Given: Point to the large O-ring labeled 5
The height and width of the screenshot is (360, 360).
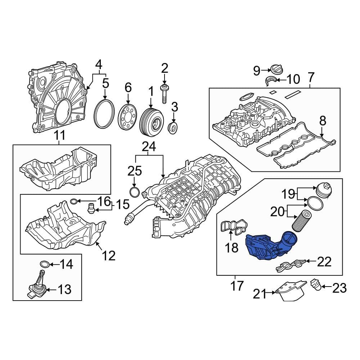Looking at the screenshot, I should click(104, 115).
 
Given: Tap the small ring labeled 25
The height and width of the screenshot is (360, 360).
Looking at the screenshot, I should click(134, 192).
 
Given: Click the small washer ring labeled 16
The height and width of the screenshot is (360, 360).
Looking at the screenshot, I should click(73, 201).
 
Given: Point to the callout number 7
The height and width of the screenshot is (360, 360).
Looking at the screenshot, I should click(311, 77).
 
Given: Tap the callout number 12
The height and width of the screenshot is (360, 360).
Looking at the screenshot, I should click(108, 256).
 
